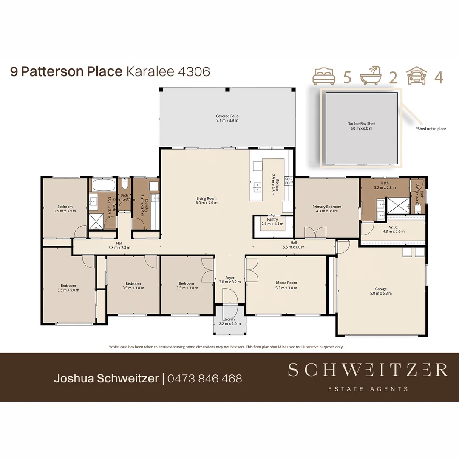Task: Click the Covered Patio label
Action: tap(227, 116)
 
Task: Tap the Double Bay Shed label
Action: tap(361, 124)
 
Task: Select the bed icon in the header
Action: tap(324, 76)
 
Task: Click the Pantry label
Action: tap(272, 219)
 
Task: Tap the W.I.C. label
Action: tap(394, 226)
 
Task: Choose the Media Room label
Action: tap(286, 283)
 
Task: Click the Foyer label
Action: tap(229, 278)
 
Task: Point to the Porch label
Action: tap(229, 319)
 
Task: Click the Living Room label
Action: tap(207, 198)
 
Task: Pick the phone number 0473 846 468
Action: tap(204, 378)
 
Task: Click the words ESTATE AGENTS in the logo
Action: tap(368, 388)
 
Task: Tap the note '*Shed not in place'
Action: tap(431, 129)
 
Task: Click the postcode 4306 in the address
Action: tap(194, 71)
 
